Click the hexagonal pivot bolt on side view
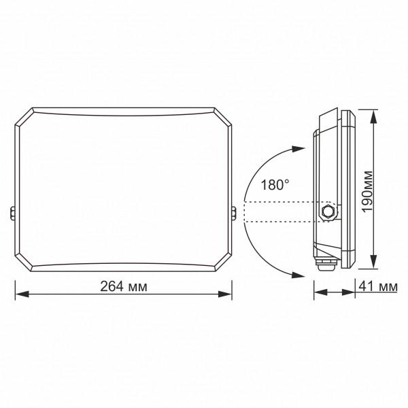tap(328, 211)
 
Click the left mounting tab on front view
tap(13, 213)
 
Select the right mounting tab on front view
tap(235, 213)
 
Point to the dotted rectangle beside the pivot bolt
tap(279, 212)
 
